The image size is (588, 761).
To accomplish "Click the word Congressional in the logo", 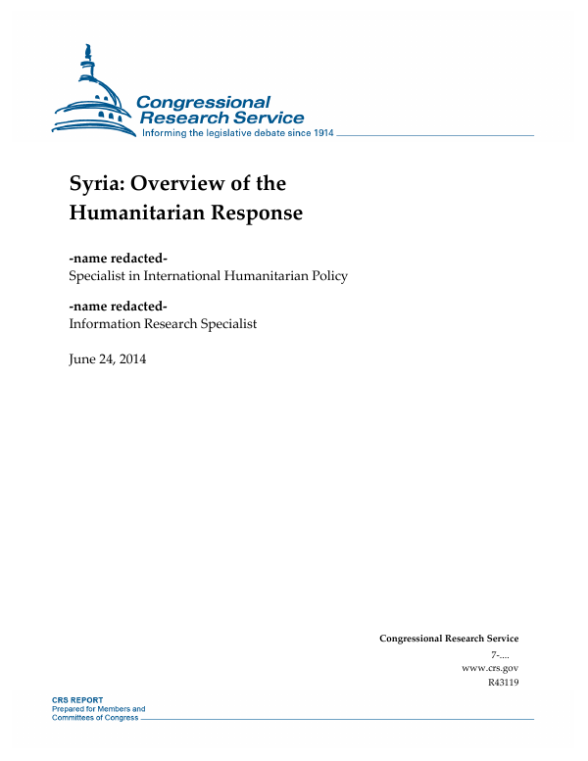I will pos(203,103).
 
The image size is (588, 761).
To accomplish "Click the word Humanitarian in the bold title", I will pos(136,213).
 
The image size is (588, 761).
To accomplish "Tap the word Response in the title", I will pos(257,213).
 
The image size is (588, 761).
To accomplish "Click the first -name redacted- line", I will pos(119,259).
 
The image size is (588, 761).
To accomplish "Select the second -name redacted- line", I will pos(119,307).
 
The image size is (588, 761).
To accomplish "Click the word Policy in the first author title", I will pos(326,275).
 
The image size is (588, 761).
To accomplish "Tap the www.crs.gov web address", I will pos(489,667).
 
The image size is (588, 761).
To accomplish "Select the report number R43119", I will pos(502,682).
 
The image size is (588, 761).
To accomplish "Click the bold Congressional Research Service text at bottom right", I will pos(448,639).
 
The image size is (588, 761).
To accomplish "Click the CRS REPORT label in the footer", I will pos(78,700).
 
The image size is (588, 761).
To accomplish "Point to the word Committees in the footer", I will pos(73,717).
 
